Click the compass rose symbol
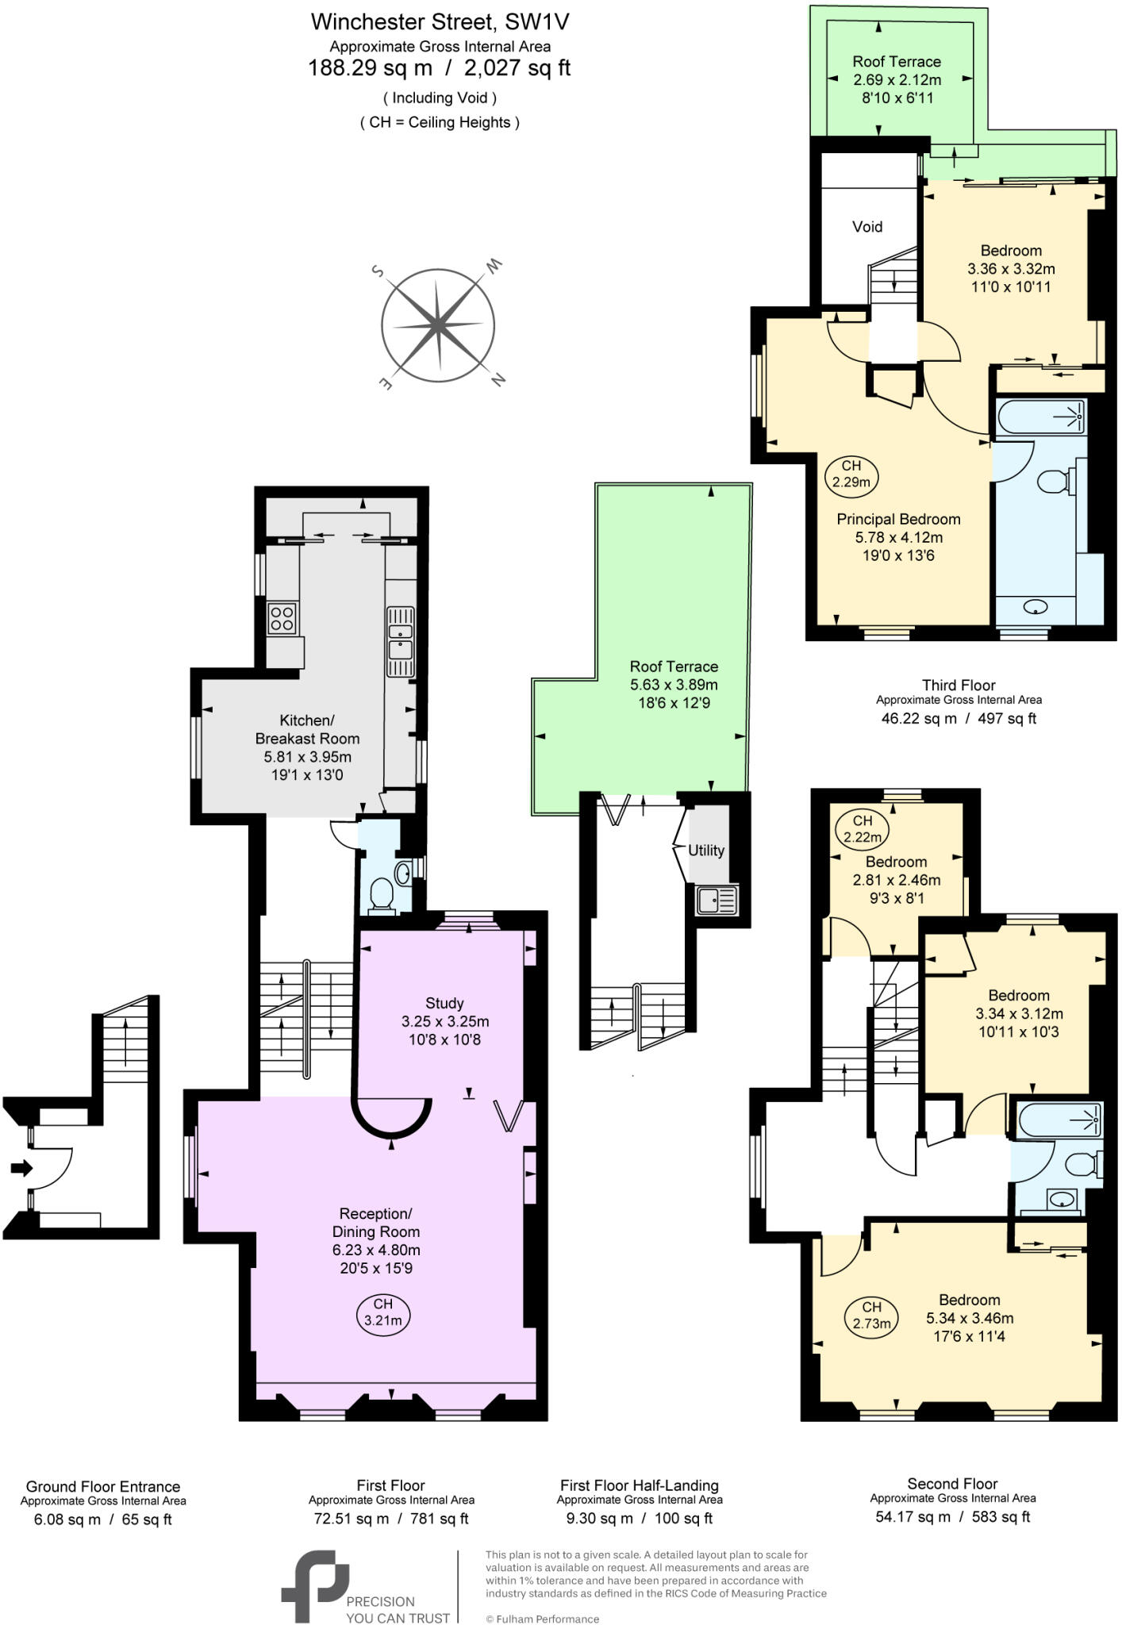pos(438,325)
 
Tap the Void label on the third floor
pos(866,227)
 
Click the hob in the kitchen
pos(282,618)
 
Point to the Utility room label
pos(705,851)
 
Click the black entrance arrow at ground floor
pos(21,1168)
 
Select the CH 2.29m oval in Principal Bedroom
pos(851,474)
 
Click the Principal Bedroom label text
pos(898,519)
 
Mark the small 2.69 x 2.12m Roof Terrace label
pos(897,79)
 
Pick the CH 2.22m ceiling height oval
pos(862,828)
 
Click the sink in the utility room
pos(717,901)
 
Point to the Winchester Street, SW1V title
pos(440,21)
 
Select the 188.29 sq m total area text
pos(370,68)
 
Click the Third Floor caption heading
pos(959,685)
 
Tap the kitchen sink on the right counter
pos(400,640)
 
